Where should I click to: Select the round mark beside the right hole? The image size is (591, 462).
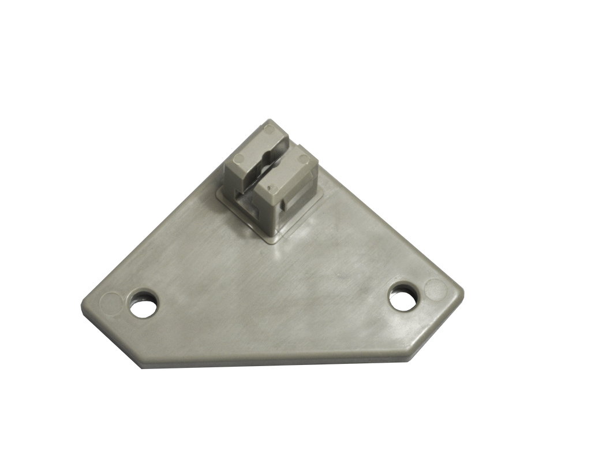click(x=434, y=286)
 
